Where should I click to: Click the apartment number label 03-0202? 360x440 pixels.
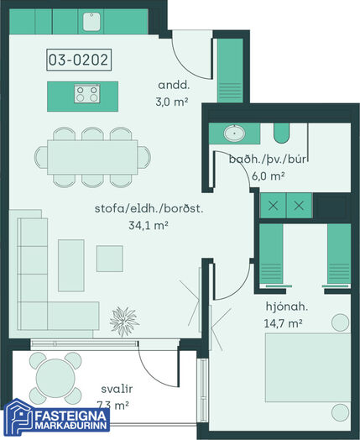[79, 60]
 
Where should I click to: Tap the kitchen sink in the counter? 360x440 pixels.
[91, 22]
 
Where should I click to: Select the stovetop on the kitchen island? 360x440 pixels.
[87, 93]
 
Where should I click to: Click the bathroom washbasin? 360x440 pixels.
[234, 133]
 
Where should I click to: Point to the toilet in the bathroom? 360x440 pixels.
[281, 133]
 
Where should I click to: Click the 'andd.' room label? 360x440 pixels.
[174, 85]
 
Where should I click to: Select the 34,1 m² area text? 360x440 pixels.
[149, 225]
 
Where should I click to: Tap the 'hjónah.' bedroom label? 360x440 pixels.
[287, 306]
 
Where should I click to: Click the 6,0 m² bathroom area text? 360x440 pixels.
[269, 176]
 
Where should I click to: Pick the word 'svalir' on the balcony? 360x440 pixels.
[117, 389]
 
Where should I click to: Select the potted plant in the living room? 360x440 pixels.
[124, 322]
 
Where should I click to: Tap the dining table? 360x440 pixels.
[92, 157]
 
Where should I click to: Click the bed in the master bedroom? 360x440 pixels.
[308, 368]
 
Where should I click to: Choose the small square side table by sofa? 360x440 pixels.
[110, 259]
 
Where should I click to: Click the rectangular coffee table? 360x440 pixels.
[71, 265]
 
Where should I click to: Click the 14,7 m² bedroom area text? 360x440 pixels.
[283, 323]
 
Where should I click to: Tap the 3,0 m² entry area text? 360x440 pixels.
[171, 102]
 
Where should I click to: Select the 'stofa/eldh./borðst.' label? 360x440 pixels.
[149, 208]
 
